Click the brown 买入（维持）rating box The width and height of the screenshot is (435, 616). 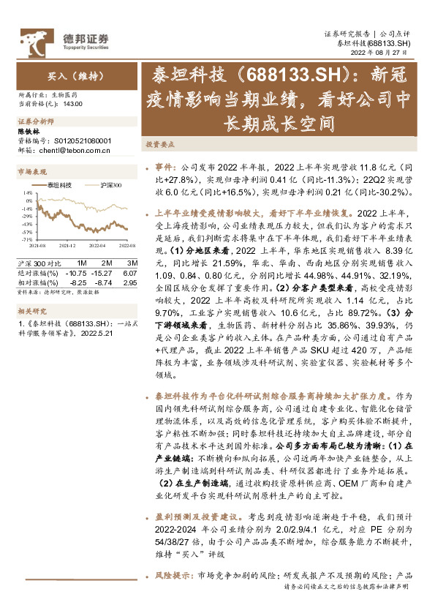[x=69, y=75]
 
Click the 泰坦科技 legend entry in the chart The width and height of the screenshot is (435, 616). [x=58, y=186]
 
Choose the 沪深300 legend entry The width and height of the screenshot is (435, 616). [x=110, y=186]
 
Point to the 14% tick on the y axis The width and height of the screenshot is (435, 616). [x=26, y=195]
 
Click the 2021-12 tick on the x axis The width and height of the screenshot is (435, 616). [x=67, y=247]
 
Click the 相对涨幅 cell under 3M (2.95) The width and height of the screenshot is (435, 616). [x=130, y=282]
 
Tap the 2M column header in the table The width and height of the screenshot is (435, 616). [x=107, y=263]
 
